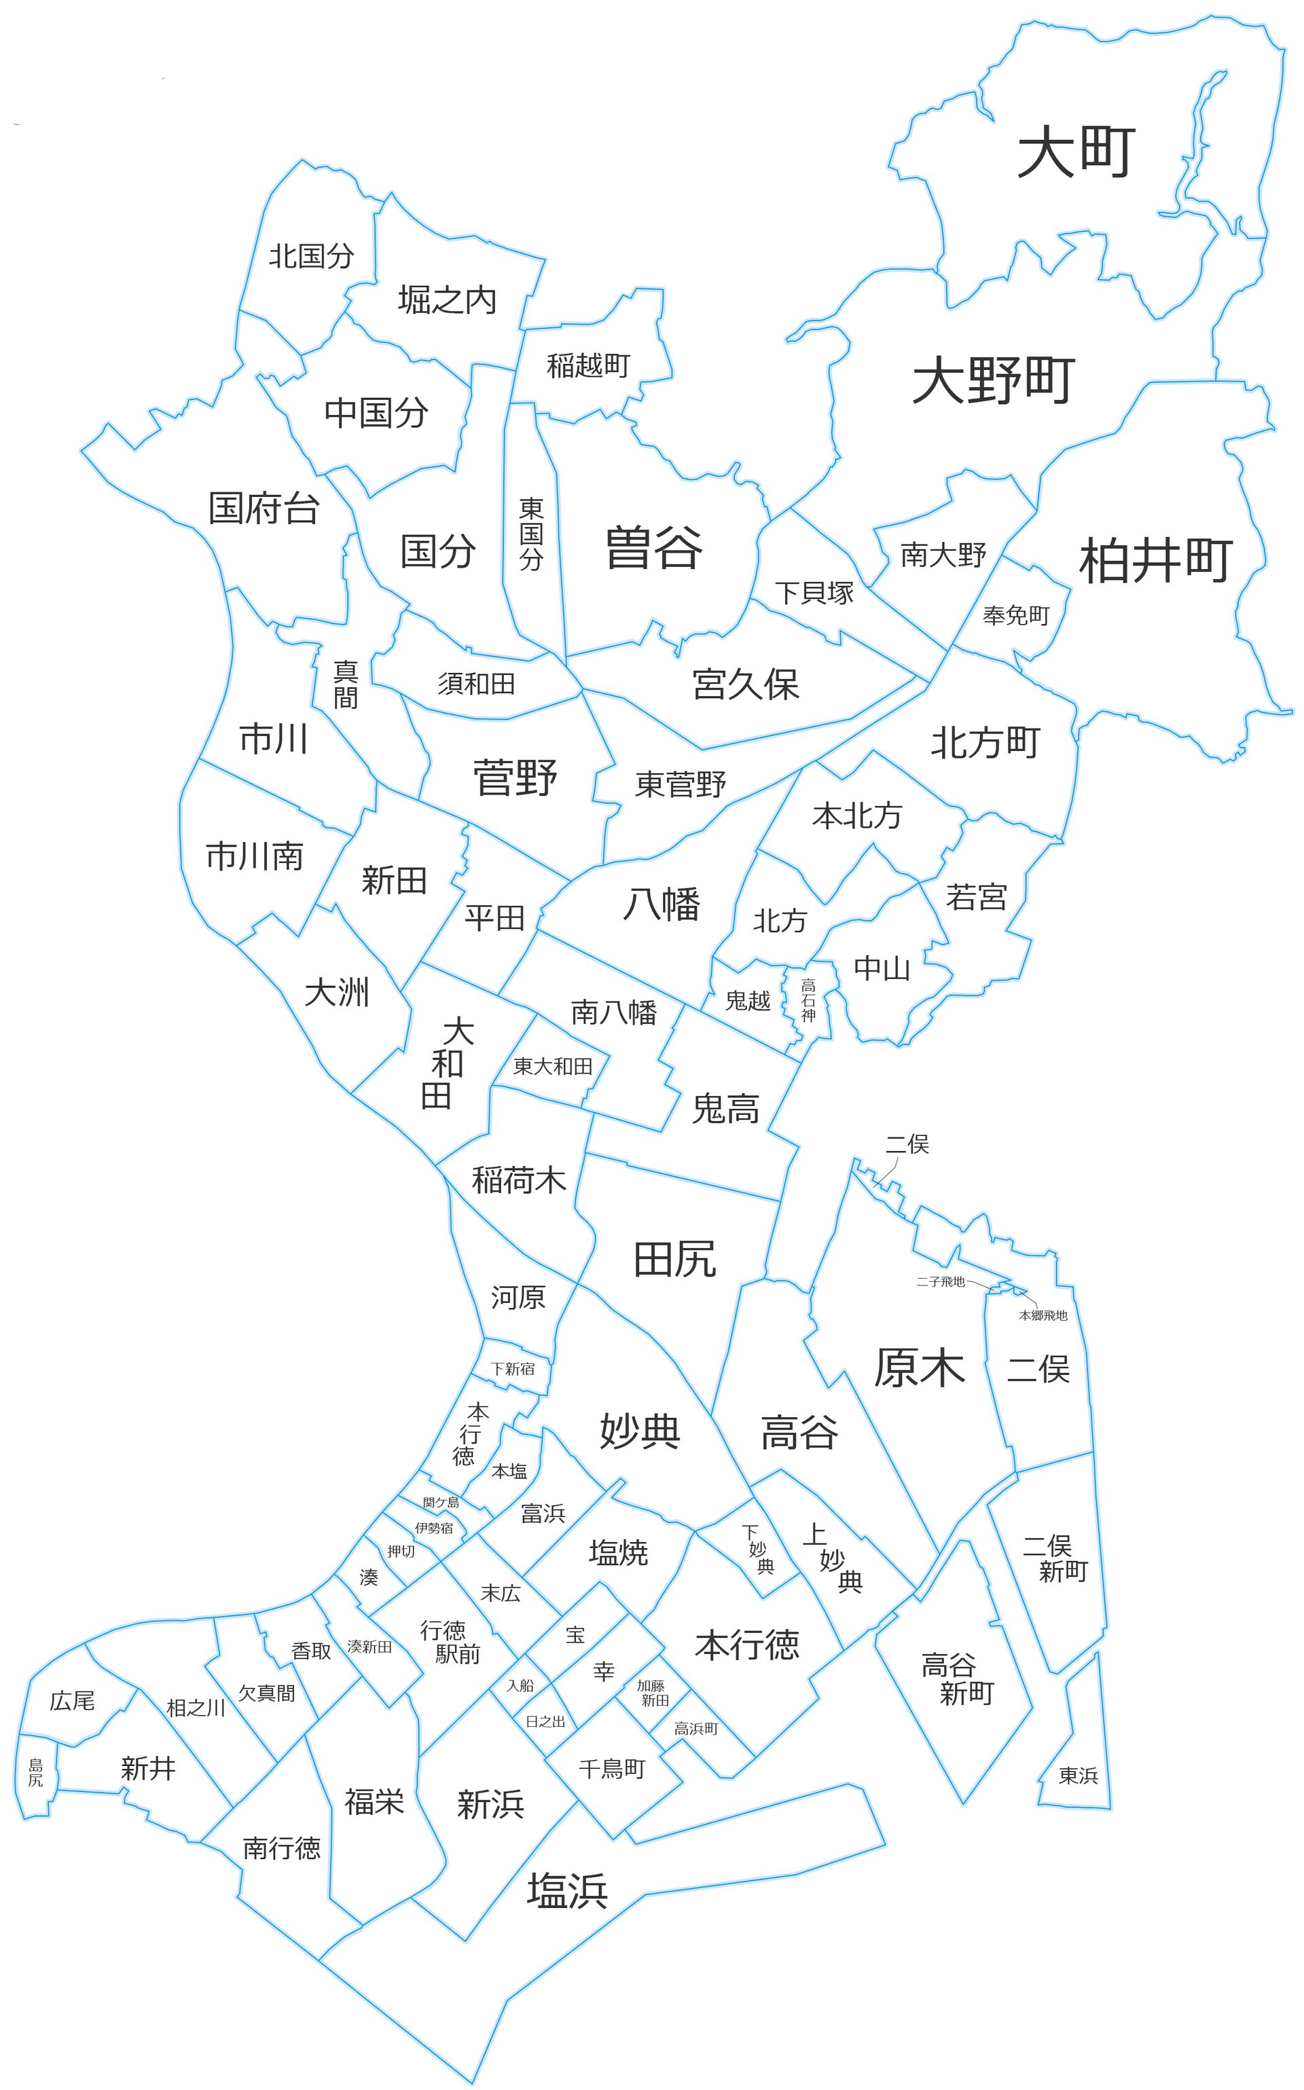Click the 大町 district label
[x=1076, y=151]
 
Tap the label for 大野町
[x=994, y=380]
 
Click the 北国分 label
[x=311, y=256]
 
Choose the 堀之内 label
[x=447, y=300]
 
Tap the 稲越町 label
[x=588, y=365]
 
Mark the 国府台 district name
[x=264, y=509]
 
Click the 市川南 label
[x=255, y=856]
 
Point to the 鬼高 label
[x=726, y=1109]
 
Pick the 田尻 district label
[x=674, y=1260]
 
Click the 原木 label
[x=920, y=1368]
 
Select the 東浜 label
[x=1078, y=1776]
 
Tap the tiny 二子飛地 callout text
[x=940, y=1282]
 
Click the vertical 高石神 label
[x=808, y=1000]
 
